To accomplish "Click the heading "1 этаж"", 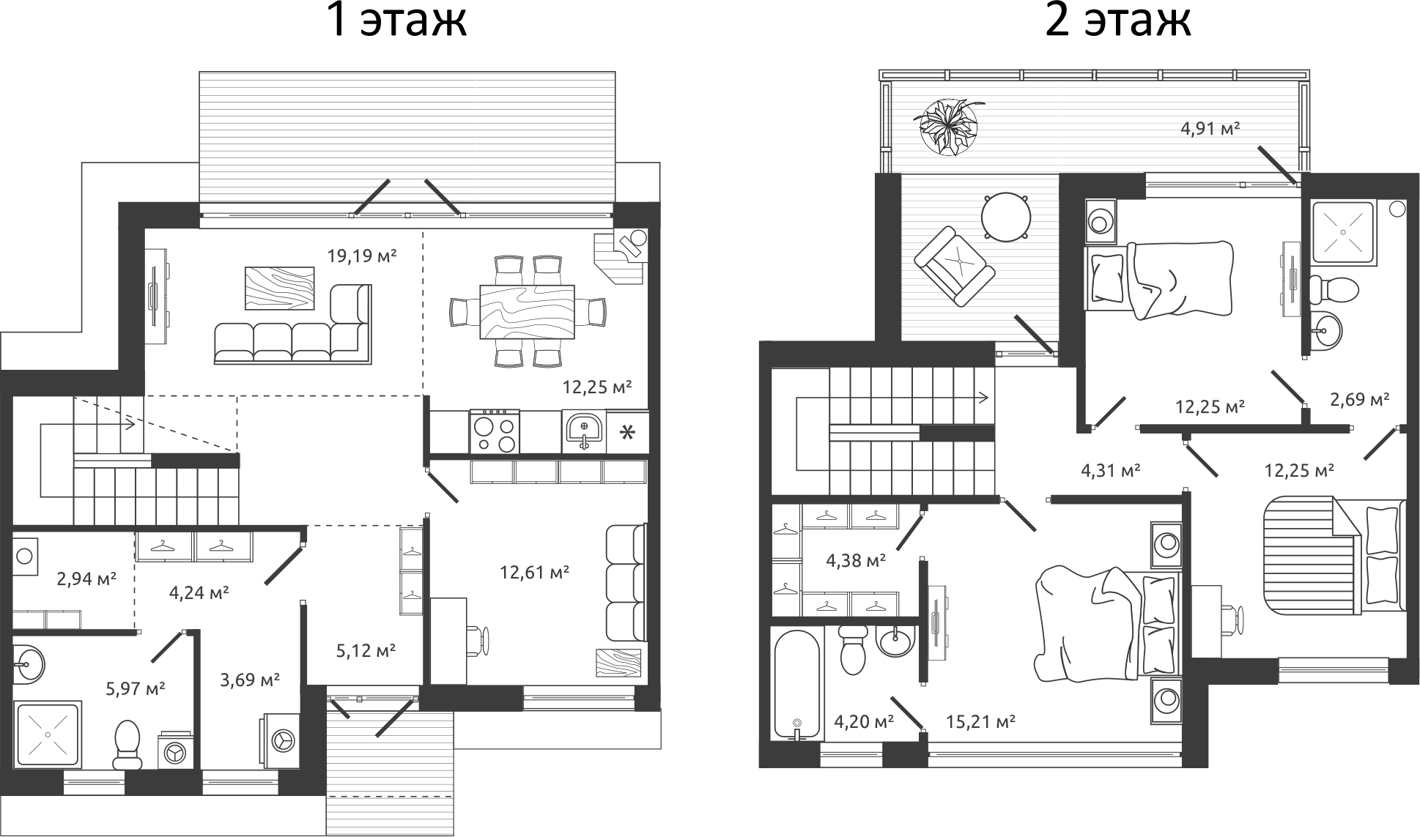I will click(x=396, y=21).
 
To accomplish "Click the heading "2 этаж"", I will click(x=1117, y=21).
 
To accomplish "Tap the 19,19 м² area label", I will click(x=361, y=256).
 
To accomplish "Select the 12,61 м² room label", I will click(x=534, y=572).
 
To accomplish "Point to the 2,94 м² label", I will click(x=86, y=579).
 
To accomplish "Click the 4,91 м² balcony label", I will click(x=1210, y=129).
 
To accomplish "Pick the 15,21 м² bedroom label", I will click(x=980, y=721).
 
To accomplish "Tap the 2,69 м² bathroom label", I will click(x=1359, y=399).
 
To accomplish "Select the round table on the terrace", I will click(x=1006, y=217).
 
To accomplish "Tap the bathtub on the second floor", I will click(x=797, y=684).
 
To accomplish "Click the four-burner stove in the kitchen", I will click(x=495, y=432).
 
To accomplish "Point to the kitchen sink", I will click(x=583, y=432).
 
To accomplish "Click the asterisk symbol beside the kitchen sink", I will click(x=627, y=432).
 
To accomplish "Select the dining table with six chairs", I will click(x=527, y=312).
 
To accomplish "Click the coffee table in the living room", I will click(x=279, y=288).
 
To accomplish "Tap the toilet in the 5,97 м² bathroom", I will click(x=127, y=743).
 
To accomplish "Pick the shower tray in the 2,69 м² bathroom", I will click(x=1342, y=232).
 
